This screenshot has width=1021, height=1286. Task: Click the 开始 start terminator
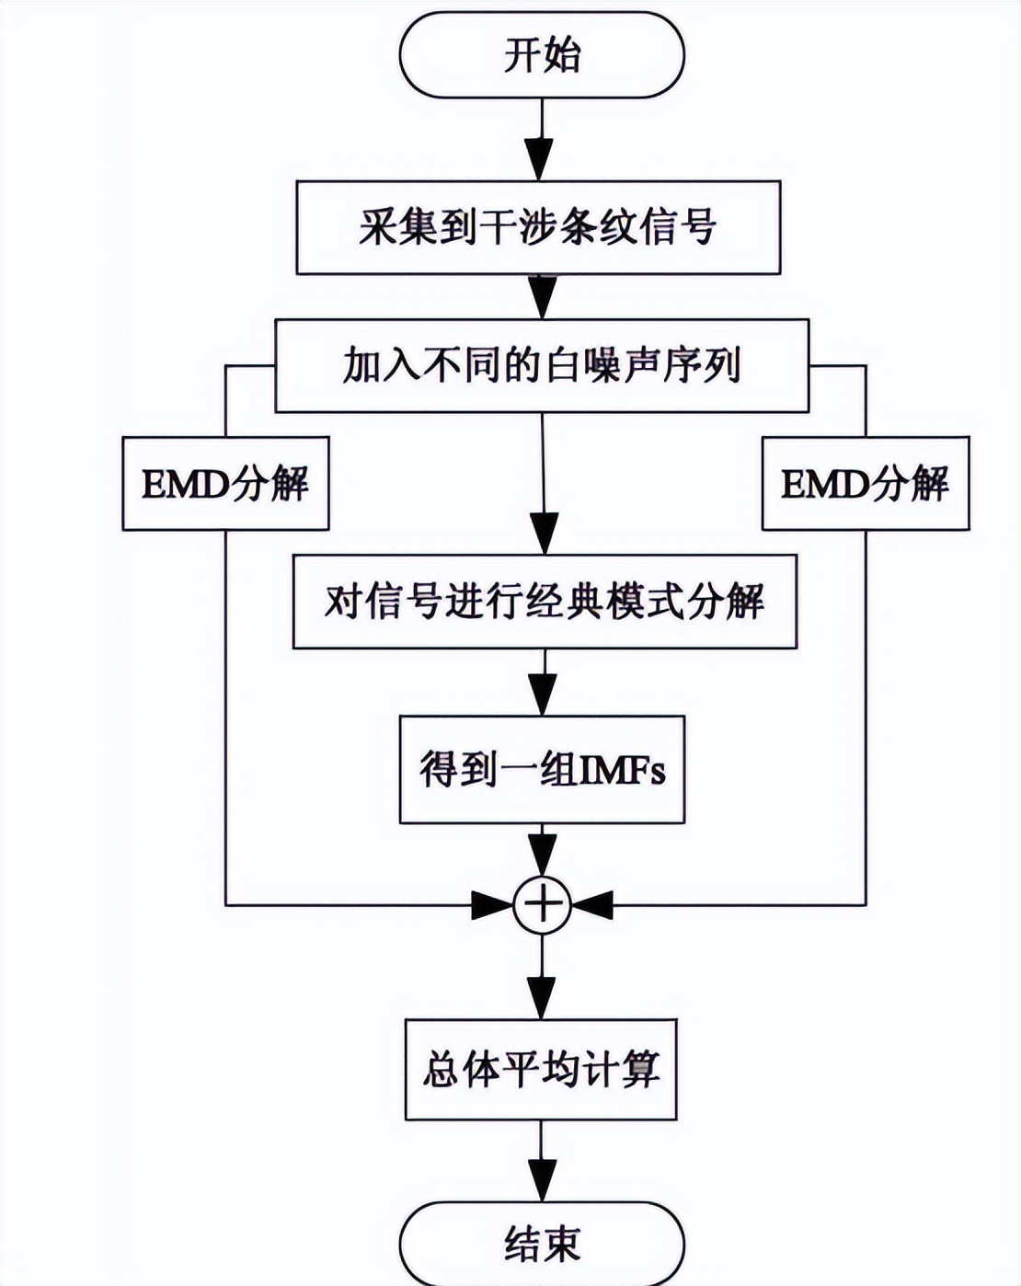(542, 55)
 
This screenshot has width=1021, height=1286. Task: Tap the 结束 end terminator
(542, 1244)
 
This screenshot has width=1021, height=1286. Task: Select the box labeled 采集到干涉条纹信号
(538, 227)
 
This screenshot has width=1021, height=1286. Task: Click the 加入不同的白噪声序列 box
(542, 365)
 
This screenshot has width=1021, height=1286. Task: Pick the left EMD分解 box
(225, 484)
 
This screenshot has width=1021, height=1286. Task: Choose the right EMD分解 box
(866, 484)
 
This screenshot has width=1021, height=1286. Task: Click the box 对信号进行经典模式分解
(545, 602)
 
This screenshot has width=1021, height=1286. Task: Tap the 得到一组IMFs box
(542, 769)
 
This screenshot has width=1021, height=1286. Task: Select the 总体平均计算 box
(542, 1070)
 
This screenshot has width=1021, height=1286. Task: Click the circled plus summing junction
(542, 905)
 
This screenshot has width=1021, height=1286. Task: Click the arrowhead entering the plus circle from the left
(492, 905)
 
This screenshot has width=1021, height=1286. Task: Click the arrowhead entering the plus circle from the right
(593, 905)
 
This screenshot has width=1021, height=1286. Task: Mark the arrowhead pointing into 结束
(542, 1178)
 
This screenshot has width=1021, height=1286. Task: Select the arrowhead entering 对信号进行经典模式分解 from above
(544, 533)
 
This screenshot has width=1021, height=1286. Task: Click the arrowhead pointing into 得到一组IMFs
(543, 695)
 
